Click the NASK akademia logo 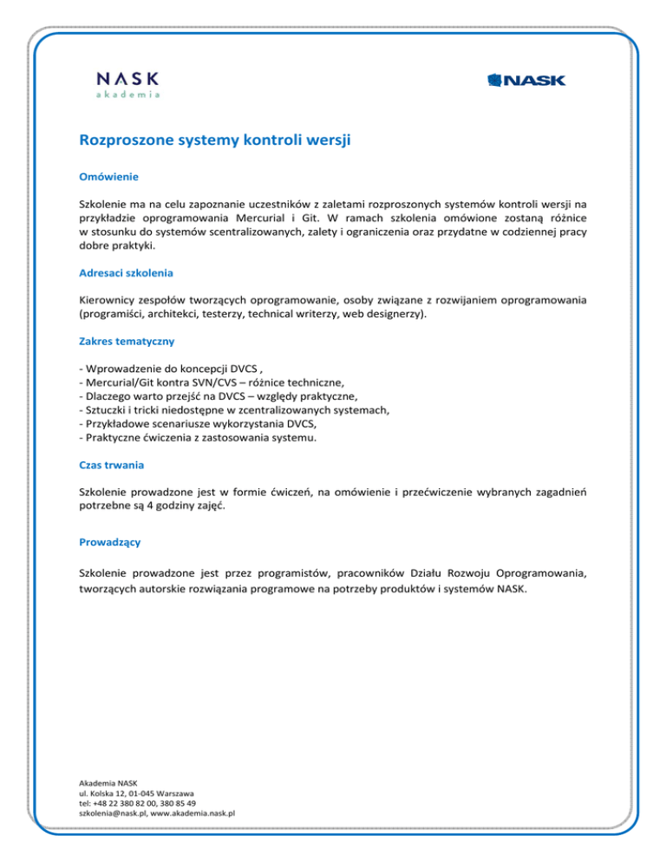127,83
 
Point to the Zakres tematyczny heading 127,342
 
